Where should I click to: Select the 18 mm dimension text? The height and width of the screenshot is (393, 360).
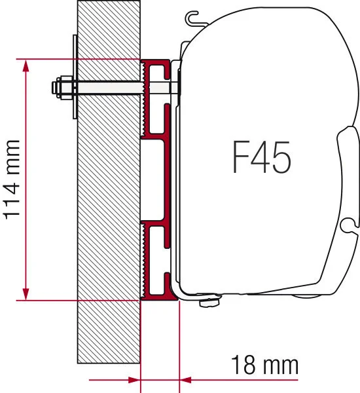261,364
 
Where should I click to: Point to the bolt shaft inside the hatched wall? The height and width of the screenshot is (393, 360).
108,87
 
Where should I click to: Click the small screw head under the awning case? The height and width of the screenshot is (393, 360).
209,301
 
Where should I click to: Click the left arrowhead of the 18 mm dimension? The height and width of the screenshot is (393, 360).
135,379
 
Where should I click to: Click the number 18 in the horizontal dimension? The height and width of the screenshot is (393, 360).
244,364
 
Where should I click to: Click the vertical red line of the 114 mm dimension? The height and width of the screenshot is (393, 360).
27,180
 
